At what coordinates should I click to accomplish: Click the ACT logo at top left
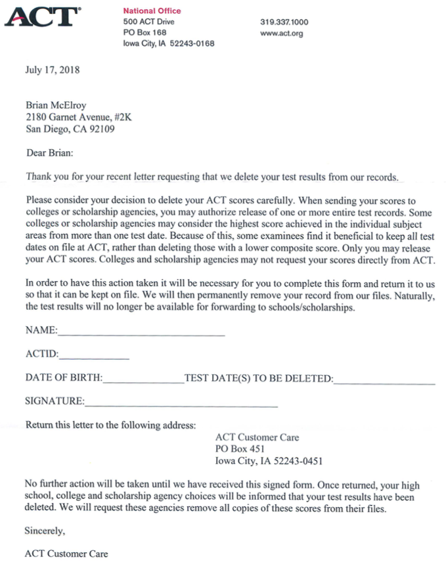pos(42,17)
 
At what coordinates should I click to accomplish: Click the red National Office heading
pos(152,11)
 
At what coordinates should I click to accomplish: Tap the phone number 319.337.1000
pos(284,22)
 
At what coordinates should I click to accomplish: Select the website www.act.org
pos(281,33)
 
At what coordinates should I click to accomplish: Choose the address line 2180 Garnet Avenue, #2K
pos(78,117)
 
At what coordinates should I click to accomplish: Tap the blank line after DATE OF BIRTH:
pos(143,381)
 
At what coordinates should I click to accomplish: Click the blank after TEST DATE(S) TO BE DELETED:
pos(384,381)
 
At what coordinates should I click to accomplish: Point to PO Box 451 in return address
pos(240,449)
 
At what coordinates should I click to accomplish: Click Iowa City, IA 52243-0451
pos(269,461)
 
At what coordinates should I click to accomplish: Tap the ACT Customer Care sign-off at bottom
pos(66,554)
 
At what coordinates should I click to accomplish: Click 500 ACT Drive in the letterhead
pos(148,22)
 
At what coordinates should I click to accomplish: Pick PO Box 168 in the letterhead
pos(145,33)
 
